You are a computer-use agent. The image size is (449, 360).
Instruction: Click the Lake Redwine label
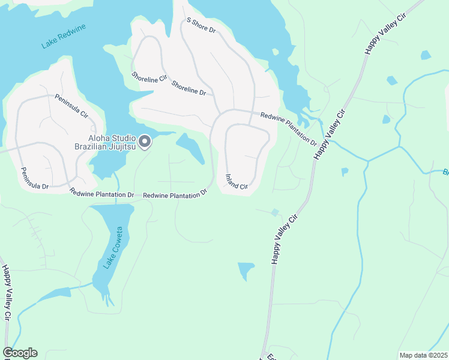64,36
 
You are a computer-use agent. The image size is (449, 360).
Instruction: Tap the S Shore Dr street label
200,25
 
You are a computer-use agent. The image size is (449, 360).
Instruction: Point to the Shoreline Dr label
188,88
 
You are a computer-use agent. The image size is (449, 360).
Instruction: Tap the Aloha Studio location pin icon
145,142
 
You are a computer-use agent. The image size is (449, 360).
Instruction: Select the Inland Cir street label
237,182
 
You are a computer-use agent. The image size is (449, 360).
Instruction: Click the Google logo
20,353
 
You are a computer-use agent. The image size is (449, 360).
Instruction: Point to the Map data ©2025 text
423,355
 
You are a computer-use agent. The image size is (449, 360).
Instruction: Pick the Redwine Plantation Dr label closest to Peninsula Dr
101,193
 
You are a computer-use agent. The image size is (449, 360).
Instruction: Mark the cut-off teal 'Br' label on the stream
445,172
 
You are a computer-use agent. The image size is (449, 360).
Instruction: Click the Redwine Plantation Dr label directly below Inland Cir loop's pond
175,194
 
